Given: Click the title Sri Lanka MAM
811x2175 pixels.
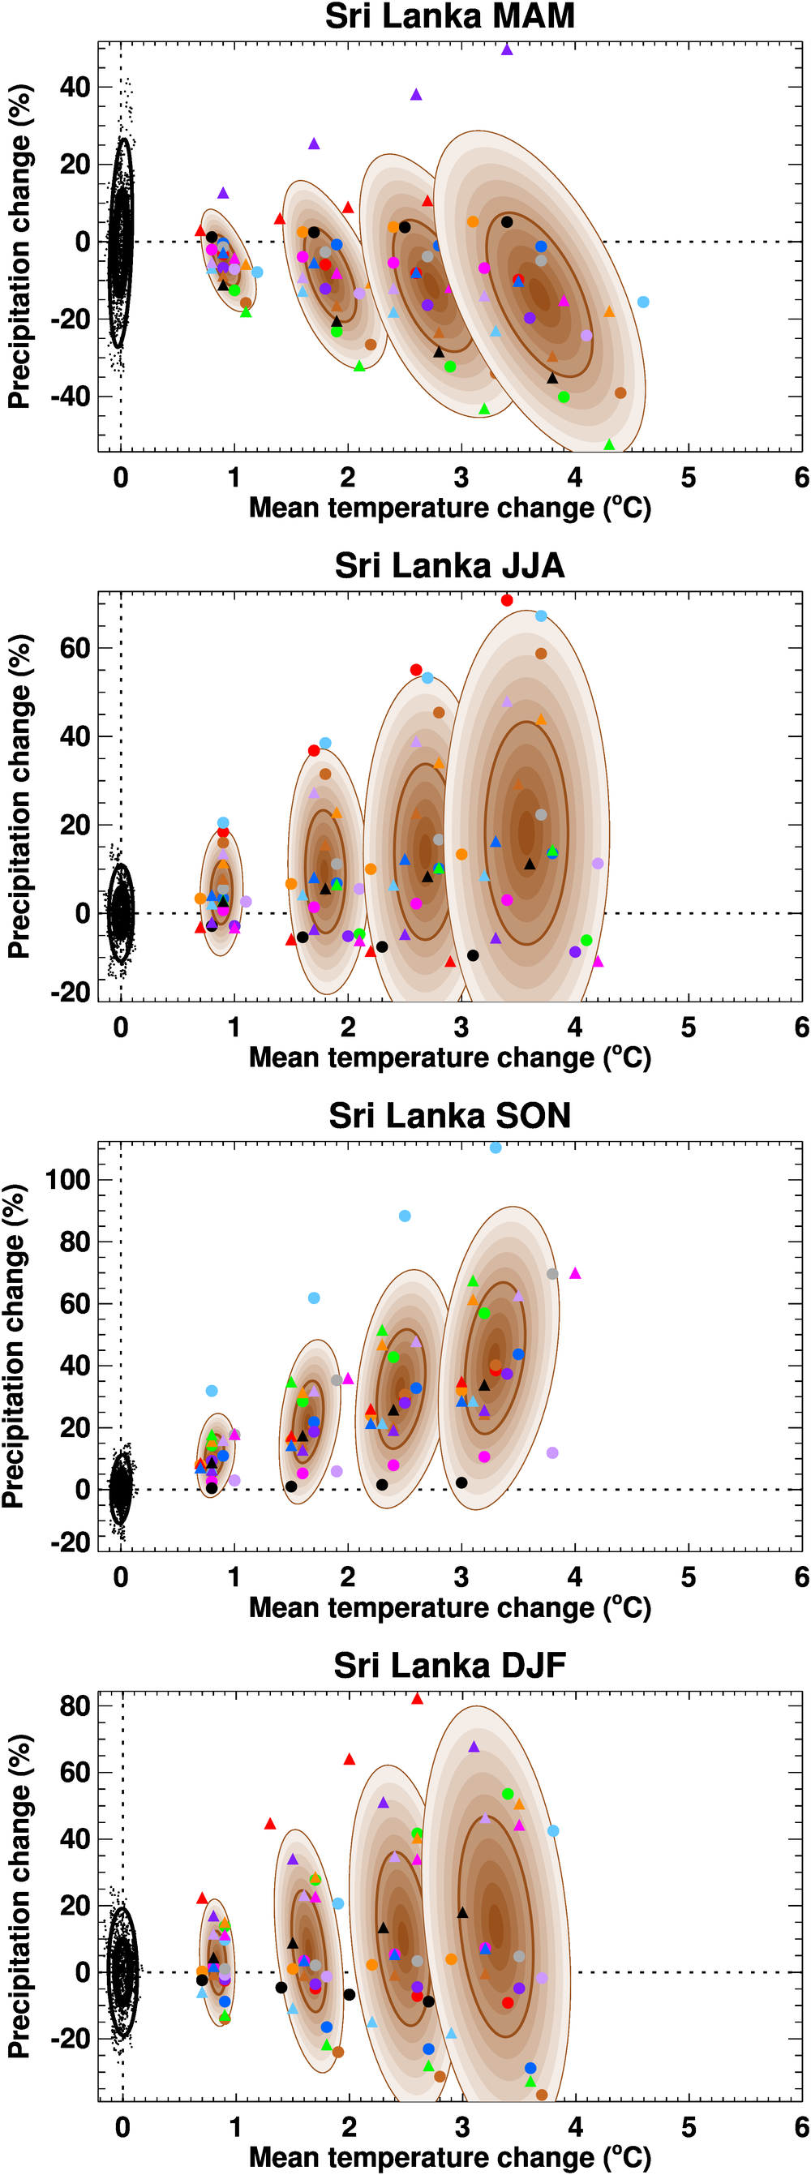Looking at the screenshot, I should coord(449,16).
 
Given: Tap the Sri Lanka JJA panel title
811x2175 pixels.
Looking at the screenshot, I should coord(449,566).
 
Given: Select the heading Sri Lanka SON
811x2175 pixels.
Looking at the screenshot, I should coord(449,1115).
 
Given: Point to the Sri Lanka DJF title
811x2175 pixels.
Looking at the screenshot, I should coord(449,1665).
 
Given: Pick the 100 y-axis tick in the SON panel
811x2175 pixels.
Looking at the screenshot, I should coord(67,1179).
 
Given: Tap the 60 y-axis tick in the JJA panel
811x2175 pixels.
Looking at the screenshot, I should coord(75,649).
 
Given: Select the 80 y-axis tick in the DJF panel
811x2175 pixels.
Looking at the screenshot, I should coord(75,1705).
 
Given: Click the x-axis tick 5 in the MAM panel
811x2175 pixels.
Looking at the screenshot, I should coord(689,478).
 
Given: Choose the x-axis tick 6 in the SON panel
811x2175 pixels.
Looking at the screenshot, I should coord(802,1577).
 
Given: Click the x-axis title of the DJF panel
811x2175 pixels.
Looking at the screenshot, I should coord(449,2157).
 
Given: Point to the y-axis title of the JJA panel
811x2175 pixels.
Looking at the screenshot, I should coord(19,796).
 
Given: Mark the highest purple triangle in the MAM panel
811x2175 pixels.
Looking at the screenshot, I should coord(507,49).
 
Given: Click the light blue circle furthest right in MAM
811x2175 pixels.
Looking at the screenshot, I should coord(643,302).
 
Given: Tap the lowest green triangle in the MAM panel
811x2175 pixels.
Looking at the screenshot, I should coord(609,444).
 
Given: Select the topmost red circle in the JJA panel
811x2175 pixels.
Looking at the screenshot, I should coord(507,600).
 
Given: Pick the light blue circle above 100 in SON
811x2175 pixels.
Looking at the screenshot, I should coord(495,1148).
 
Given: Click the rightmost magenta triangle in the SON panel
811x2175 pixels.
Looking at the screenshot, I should coord(575,1273).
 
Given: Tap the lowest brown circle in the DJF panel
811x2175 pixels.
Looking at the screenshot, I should coord(542,2095).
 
